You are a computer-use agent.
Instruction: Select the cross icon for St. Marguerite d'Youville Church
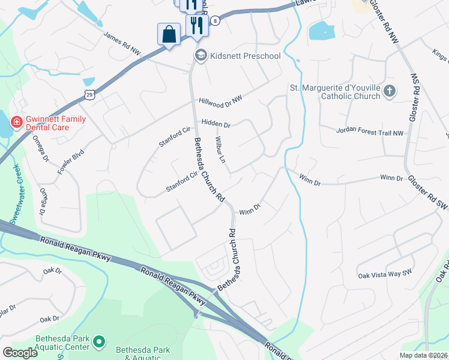tap(390, 92)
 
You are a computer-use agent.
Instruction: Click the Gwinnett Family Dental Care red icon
tap(16, 122)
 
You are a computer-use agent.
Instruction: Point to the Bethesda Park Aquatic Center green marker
tap(100, 342)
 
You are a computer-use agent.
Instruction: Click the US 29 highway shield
tap(89, 95)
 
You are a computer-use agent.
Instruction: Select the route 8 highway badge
tap(214, 20)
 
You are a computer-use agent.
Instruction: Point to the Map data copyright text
tap(424, 355)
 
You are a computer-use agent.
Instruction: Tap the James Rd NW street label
tap(122, 45)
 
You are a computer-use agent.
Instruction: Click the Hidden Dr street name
tap(215, 124)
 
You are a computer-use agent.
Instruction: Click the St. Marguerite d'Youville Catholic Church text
tap(336, 92)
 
